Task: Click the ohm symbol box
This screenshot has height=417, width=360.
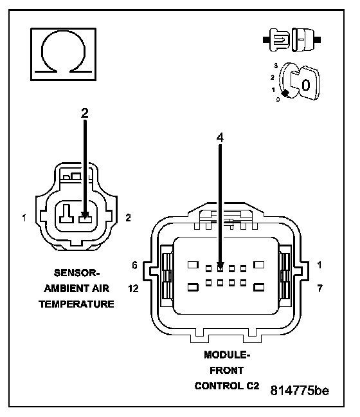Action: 63,54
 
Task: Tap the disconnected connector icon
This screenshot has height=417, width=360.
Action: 292,40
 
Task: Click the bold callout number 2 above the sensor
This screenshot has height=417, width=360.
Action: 84,113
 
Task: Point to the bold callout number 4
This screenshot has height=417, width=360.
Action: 220,138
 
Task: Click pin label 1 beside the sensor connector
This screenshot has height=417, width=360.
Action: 24,218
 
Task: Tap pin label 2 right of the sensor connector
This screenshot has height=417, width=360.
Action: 128,218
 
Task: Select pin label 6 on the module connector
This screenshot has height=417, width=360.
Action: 135,265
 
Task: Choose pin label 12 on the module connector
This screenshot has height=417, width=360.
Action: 133,288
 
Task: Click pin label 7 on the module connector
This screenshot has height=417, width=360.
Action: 319,288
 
